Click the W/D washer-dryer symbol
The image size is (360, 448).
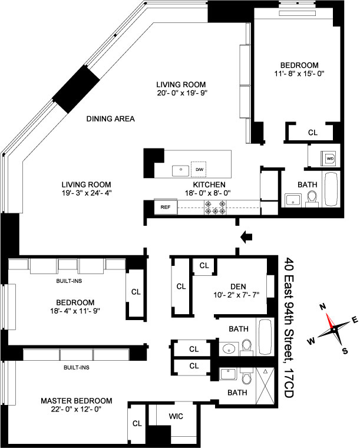[x=330, y=158]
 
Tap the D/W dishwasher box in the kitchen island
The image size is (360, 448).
[x=199, y=169]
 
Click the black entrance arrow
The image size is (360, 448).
[x=247, y=236]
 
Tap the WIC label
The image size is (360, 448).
[x=176, y=417]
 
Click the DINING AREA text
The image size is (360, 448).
[x=110, y=118]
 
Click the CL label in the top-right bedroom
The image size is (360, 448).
[x=312, y=133]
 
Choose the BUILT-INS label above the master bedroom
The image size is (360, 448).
[x=76, y=367]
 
